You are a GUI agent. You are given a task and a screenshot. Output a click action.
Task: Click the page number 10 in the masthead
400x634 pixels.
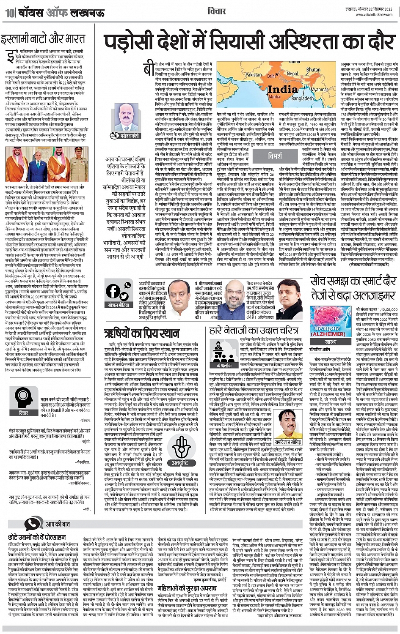9,13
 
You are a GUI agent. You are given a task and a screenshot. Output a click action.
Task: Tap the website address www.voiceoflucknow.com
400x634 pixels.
375,14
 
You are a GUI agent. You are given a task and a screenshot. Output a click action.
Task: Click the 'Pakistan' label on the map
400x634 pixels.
254,74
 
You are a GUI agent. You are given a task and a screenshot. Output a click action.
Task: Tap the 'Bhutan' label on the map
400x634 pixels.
313,70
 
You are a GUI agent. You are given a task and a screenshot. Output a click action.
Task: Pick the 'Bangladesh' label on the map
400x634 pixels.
302,98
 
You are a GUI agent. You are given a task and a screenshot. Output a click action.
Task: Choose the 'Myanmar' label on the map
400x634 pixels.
320,90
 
